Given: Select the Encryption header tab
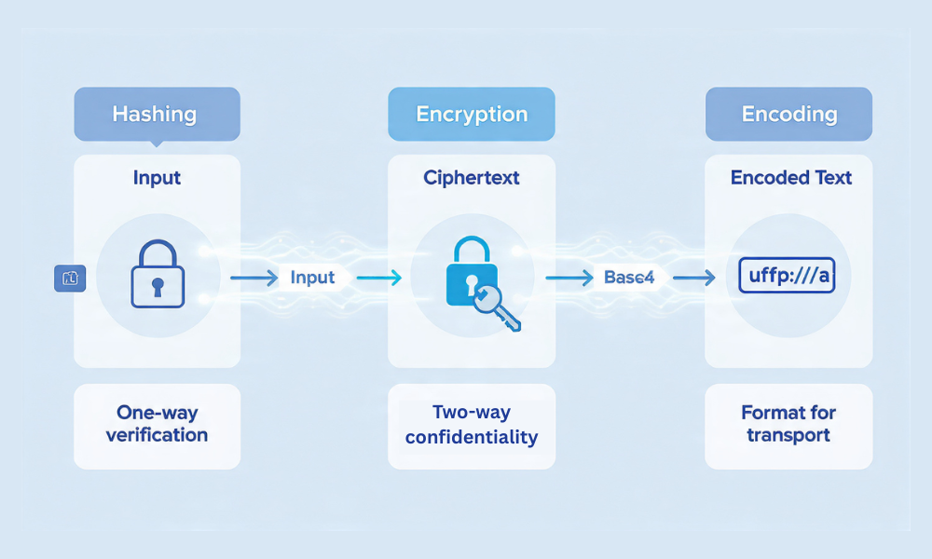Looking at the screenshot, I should (x=472, y=115).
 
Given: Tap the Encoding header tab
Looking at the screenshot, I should (x=788, y=115).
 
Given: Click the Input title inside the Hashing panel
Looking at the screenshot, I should (x=157, y=177).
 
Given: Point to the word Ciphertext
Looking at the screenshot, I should (x=471, y=177).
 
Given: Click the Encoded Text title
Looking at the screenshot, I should (x=791, y=177).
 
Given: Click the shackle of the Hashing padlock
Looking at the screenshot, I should (x=157, y=252).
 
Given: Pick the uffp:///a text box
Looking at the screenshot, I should (x=787, y=277).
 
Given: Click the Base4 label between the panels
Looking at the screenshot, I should (x=629, y=278).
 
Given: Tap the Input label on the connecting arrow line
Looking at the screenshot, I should (x=312, y=278).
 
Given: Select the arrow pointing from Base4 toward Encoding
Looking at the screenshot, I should (x=693, y=278).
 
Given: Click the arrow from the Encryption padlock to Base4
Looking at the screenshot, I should (x=569, y=278).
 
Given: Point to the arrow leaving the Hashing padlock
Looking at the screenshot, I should (x=253, y=278).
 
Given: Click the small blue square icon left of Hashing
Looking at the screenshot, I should (x=70, y=278).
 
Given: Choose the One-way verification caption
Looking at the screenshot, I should (x=157, y=424).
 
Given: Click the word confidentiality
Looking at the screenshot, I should (x=472, y=437).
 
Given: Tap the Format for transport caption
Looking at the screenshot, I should (x=788, y=424).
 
